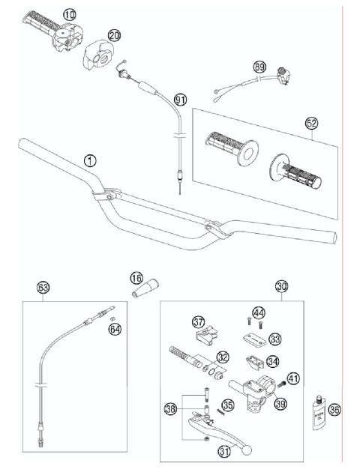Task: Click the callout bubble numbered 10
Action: pos(70,14)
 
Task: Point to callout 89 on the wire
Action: pos(259,67)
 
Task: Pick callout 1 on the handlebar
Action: pos(91,160)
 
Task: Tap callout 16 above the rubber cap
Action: pos(136,278)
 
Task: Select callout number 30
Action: pos(281,286)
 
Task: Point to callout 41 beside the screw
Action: pos(292,379)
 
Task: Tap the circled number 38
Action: pos(171,409)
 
